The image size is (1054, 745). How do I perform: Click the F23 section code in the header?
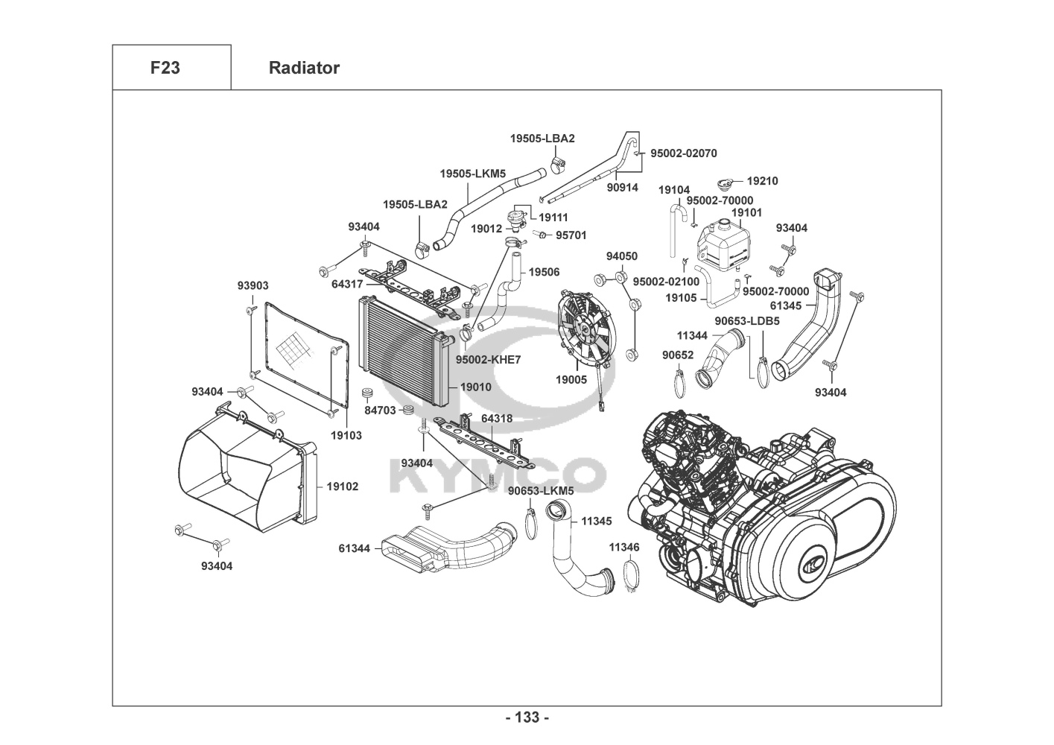165,68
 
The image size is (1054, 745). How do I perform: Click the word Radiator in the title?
304,68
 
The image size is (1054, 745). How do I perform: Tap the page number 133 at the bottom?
527,717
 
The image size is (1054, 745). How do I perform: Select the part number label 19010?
475,387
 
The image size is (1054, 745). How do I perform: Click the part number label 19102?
342,486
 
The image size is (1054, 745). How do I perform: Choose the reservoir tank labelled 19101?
721,244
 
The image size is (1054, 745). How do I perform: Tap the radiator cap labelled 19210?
725,183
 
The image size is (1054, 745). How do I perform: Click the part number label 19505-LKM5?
472,174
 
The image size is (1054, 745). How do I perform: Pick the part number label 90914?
622,188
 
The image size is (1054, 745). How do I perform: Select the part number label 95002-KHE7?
489,360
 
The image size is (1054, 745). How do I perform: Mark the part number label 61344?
354,548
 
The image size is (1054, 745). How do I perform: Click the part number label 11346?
623,547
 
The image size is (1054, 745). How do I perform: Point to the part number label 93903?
253,285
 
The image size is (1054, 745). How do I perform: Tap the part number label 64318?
496,419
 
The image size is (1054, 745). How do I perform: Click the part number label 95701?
571,235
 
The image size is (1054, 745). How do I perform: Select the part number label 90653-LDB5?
747,321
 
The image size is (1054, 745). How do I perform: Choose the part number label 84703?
380,410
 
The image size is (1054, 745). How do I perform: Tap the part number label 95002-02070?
683,153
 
